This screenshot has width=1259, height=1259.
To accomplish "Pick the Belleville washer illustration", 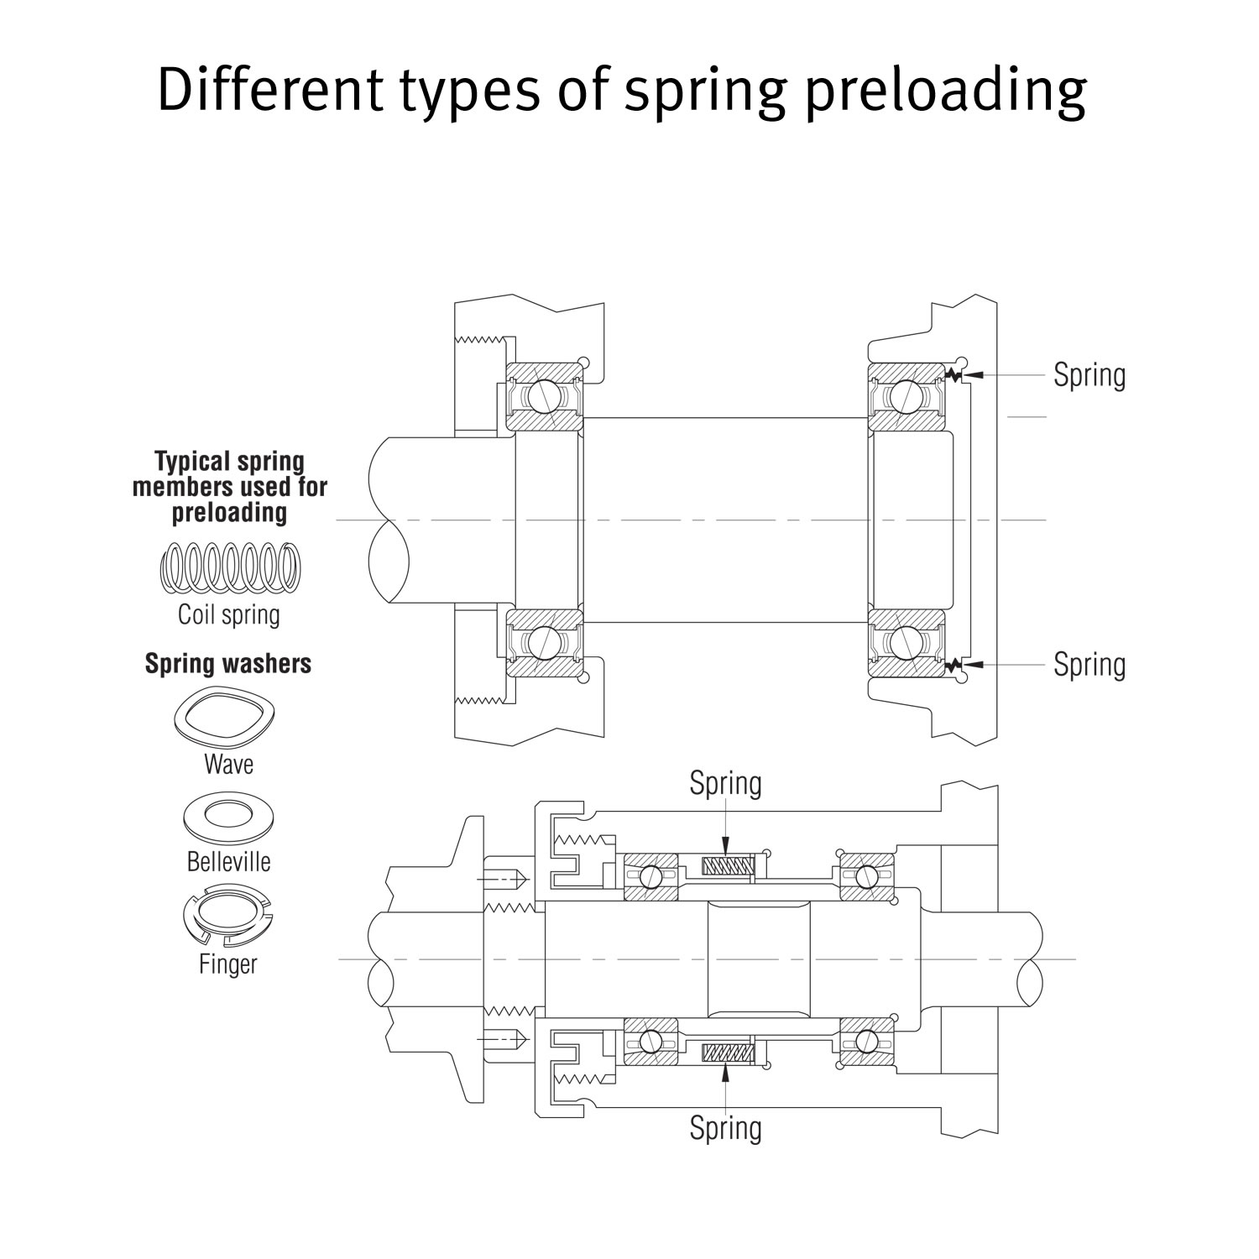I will pyautogui.click(x=228, y=816).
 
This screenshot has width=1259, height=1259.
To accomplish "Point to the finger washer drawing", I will pyautogui.click(x=228, y=919).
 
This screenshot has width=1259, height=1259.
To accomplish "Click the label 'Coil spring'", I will pyautogui.click(x=229, y=614).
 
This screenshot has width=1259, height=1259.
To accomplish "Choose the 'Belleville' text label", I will pyautogui.click(x=228, y=862).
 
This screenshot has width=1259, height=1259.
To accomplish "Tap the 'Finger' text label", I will pyautogui.click(x=228, y=964).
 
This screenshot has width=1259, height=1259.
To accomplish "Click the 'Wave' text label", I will pyautogui.click(x=228, y=765).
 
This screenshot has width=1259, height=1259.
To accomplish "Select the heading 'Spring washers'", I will pyautogui.click(x=228, y=664).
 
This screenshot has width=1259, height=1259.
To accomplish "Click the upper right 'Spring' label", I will pyautogui.click(x=1089, y=375).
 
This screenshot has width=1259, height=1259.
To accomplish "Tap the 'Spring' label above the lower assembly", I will pyautogui.click(x=725, y=784).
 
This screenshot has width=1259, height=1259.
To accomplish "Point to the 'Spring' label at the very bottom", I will pyautogui.click(x=725, y=1128).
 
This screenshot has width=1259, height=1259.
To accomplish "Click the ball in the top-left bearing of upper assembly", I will pyautogui.click(x=542, y=394).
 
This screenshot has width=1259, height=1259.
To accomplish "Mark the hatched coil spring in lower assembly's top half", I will pyautogui.click(x=727, y=865).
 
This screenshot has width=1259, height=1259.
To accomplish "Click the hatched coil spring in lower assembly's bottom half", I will pyautogui.click(x=727, y=1052).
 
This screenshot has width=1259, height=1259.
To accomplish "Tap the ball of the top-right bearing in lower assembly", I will pyautogui.click(x=868, y=875).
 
